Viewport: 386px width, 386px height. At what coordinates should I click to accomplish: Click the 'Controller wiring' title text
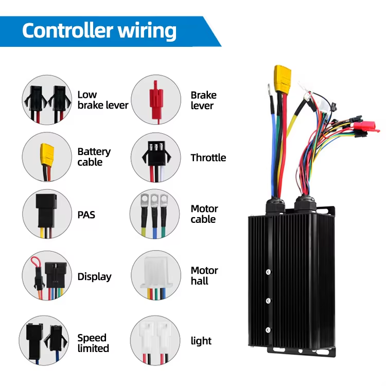99,31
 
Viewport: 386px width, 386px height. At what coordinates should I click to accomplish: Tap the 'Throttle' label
208,157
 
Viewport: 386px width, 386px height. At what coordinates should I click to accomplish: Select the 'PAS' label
86,214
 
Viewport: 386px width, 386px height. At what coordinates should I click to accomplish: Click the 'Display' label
94,276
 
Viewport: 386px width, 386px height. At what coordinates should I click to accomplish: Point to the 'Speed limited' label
93,343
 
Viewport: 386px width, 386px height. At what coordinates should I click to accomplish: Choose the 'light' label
201,341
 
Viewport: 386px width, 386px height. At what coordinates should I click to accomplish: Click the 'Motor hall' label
204,275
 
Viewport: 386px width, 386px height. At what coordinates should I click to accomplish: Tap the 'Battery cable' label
94,157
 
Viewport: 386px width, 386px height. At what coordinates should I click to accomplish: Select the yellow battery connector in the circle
47,153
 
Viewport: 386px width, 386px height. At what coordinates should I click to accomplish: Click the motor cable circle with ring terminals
155,214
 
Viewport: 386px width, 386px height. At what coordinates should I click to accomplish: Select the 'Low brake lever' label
102,100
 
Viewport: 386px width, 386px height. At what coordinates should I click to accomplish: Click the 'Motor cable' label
204,214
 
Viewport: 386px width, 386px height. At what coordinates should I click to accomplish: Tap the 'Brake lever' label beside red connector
203,100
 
